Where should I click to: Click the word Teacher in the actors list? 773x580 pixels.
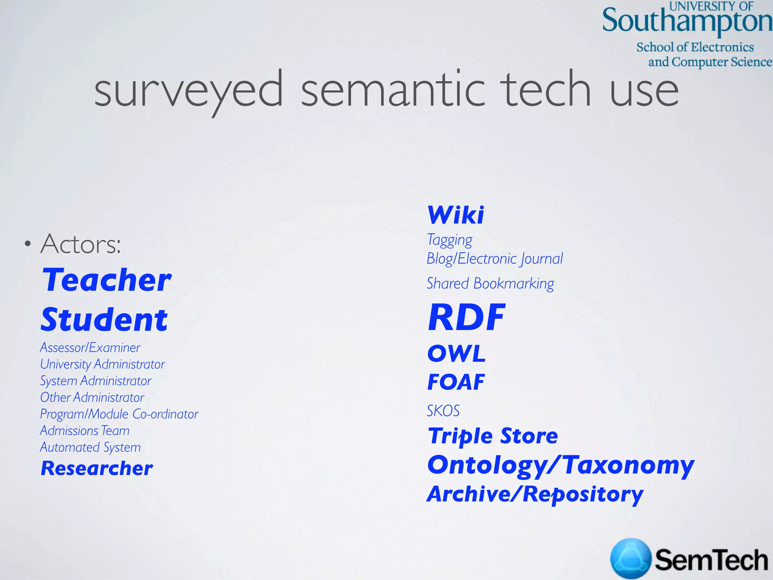pos(107,280)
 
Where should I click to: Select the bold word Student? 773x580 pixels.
pos(104,320)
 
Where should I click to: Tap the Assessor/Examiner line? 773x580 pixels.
pos(90,347)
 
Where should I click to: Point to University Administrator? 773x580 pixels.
pos(103,364)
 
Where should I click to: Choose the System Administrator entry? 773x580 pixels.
pos(96,381)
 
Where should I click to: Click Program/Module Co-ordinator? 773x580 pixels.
pos(119,414)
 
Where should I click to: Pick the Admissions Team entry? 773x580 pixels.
pos(85,430)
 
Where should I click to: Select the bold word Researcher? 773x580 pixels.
pos(97,468)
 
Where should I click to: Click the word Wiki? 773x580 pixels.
pos(456,215)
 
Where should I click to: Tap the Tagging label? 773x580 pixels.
pos(449,240)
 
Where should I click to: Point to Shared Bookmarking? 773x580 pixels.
pos(490,284)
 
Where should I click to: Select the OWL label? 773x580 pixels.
pos(456,354)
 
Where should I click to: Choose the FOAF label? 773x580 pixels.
pos(456,382)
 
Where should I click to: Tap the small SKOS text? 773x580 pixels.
pos(443,411)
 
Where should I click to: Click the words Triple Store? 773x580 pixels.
pos(493,436)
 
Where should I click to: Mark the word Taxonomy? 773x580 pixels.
pos(628,465)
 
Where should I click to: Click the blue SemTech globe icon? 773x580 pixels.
pos(631,558)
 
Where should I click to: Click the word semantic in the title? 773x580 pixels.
pos(393,90)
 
